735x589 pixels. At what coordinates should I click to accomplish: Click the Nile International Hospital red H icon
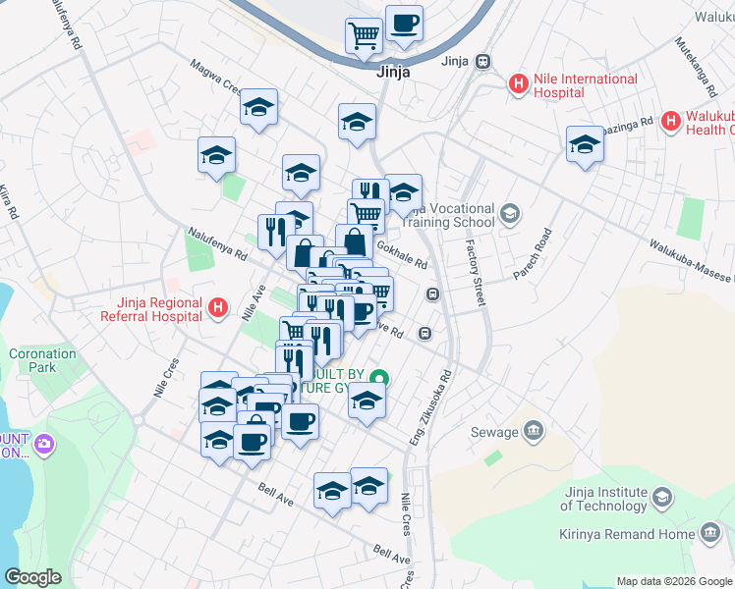point(519,85)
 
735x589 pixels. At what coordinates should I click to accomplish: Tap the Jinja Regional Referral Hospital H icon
point(219,309)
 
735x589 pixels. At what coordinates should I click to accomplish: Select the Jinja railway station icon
point(481,62)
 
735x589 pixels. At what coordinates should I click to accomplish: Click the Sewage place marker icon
point(534,429)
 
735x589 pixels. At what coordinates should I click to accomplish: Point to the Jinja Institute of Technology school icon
point(662,498)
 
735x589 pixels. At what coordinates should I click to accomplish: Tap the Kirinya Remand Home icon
point(709,534)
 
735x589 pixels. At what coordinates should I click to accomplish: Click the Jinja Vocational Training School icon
point(510,213)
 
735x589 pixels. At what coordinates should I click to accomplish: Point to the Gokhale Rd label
point(400,257)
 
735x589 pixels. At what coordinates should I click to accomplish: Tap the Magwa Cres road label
point(217,76)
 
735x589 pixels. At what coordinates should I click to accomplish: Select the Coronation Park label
point(42,360)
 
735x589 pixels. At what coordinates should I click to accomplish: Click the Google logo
point(32,578)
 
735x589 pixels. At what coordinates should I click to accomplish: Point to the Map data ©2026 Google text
point(673,581)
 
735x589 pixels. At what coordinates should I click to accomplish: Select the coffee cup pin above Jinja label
point(403,23)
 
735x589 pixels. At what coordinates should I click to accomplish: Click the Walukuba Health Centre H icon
point(671,122)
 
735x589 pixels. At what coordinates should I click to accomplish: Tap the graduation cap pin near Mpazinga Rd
point(585,144)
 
